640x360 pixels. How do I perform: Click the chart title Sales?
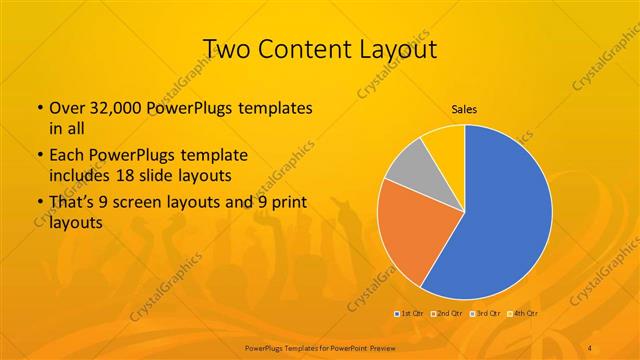[x=465, y=109]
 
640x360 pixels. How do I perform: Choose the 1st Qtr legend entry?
[x=410, y=313]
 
